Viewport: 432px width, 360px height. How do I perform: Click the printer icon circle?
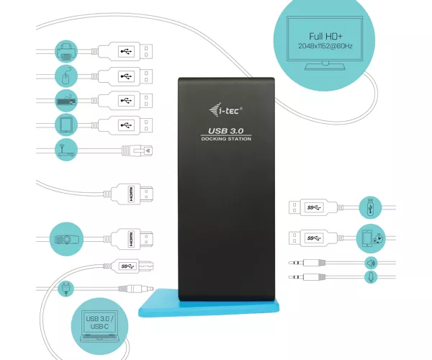coord(66,51)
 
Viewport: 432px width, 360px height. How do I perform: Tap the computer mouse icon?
coord(66,76)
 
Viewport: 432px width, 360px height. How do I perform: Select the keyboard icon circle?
coord(66,101)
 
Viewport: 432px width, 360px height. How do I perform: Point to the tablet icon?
coord(66,125)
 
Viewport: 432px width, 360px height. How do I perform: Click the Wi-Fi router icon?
coord(66,149)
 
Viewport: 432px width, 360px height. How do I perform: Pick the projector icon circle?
coord(66,239)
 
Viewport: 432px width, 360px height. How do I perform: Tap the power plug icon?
coord(66,289)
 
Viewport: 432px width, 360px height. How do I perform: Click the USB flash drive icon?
coord(370,207)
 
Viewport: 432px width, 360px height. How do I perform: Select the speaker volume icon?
coord(371,264)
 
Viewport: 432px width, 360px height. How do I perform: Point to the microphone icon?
coord(371,276)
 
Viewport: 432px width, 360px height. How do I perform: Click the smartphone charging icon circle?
coord(371,238)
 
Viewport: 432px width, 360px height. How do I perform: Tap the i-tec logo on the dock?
coord(225,109)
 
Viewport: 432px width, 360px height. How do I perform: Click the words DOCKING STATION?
coord(226,139)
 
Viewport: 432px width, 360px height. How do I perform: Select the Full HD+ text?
coord(325,36)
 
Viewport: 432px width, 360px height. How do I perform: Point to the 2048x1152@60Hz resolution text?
coord(325,46)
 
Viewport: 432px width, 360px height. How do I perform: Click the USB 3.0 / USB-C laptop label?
coord(99,323)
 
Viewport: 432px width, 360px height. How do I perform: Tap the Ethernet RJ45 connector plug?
coord(138,150)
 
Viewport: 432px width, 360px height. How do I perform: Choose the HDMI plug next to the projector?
coord(132,239)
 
